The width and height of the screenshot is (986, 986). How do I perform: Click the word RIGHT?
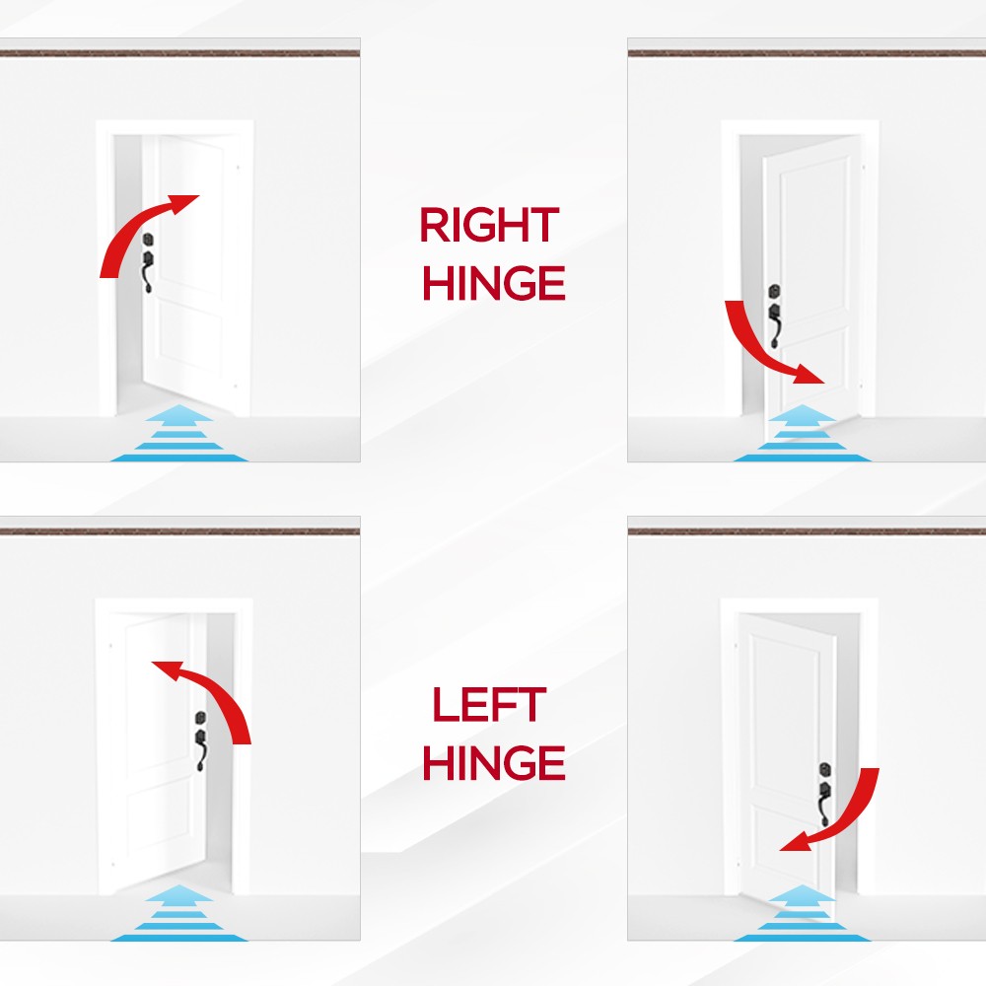pyautogui.click(x=489, y=225)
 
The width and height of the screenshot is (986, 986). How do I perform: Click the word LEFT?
pyautogui.click(x=489, y=704)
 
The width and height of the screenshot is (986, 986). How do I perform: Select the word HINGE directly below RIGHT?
pyautogui.click(x=494, y=283)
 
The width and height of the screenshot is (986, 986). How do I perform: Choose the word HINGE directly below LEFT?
pyautogui.click(x=494, y=762)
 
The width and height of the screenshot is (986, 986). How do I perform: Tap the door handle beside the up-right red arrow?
pyautogui.click(x=149, y=263)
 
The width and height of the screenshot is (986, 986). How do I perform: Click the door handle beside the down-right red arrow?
pyautogui.click(x=775, y=317)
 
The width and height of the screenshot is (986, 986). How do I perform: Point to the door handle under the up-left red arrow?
pyautogui.click(x=200, y=742)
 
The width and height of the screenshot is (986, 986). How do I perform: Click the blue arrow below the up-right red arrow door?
pyautogui.click(x=179, y=433)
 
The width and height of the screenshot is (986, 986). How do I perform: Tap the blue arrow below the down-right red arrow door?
pyautogui.click(x=803, y=433)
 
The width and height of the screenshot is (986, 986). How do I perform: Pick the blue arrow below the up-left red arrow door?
pyautogui.click(x=179, y=913)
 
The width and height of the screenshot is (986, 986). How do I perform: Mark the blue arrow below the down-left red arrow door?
pyautogui.click(x=803, y=913)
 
